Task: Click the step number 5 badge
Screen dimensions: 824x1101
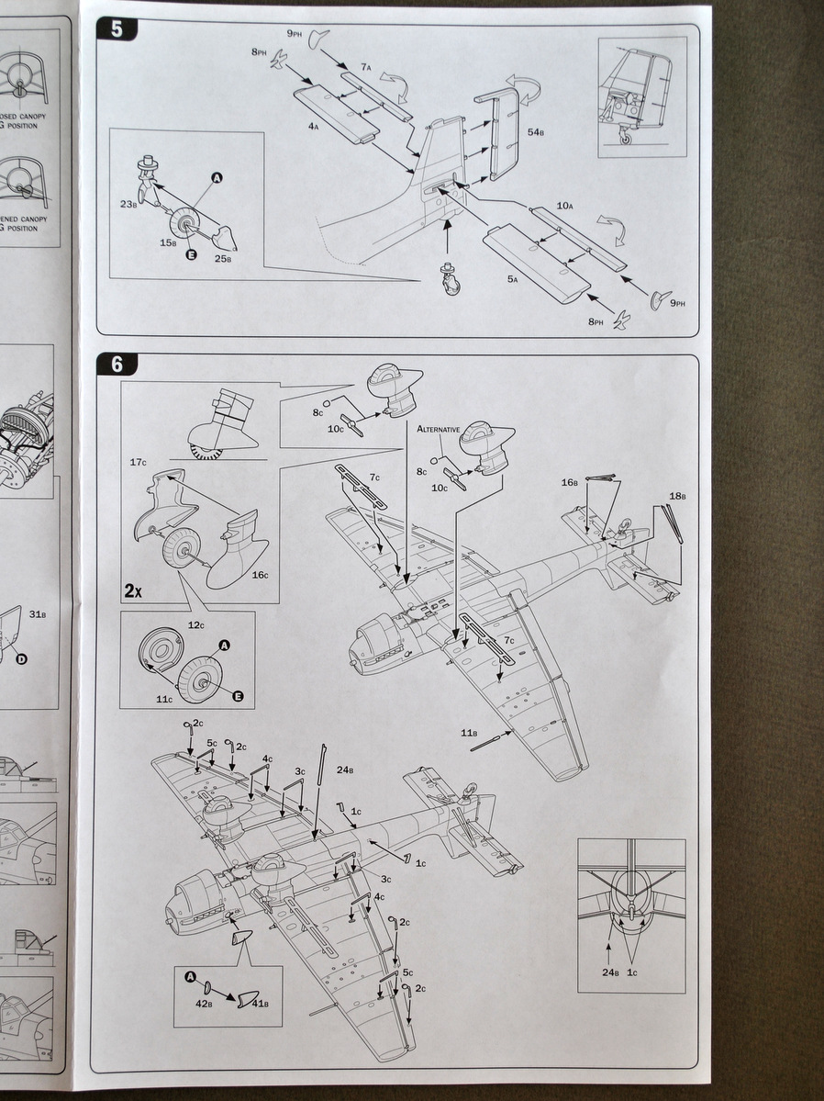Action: pyautogui.click(x=117, y=28)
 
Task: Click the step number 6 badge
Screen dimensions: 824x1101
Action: pyautogui.click(x=117, y=364)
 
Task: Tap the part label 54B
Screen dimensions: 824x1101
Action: pyautogui.click(x=536, y=134)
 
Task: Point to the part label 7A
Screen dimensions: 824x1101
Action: pyautogui.click(x=365, y=66)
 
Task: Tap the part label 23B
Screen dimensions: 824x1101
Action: pyautogui.click(x=129, y=203)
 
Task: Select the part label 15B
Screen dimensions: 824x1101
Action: pyautogui.click(x=167, y=243)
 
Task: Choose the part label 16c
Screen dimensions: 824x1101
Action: pyautogui.click(x=260, y=575)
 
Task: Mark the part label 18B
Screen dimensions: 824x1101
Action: pyautogui.click(x=677, y=496)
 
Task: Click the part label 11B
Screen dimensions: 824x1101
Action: pyautogui.click(x=469, y=732)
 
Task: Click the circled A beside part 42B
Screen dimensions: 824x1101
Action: pyautogui.click(x=190, y=976)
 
